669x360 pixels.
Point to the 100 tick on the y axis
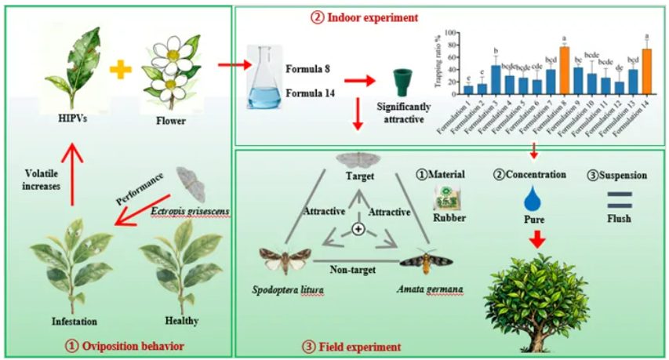click(x=452, y=34)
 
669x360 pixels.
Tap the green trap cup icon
click(x=405, y=81)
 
